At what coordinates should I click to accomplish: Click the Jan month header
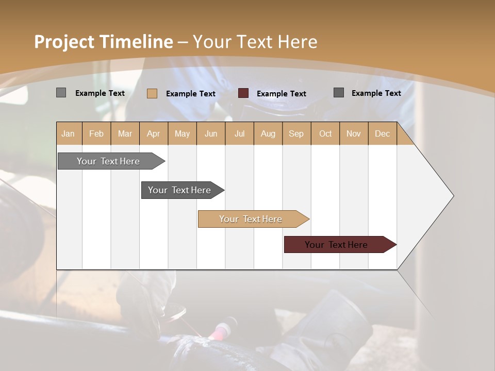68,133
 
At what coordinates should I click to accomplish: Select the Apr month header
153,133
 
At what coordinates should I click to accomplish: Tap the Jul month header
239,133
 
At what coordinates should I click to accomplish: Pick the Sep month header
296,133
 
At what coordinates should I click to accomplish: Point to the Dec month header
382,133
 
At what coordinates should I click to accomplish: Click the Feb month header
96,133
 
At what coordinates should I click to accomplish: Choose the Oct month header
325,133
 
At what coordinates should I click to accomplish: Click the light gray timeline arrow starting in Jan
108,161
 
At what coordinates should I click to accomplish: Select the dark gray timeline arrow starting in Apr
179,190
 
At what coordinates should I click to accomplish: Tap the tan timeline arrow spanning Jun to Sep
251,219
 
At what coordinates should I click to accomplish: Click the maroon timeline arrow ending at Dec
336,245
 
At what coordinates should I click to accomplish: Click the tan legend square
152,93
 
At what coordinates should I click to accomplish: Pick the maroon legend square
243,93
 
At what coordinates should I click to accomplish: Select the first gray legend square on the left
61,93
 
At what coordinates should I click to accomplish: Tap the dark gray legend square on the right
339,93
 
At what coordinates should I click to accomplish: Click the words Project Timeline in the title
103,42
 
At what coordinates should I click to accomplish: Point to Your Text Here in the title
255,42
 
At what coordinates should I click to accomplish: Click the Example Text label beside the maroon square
281,94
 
